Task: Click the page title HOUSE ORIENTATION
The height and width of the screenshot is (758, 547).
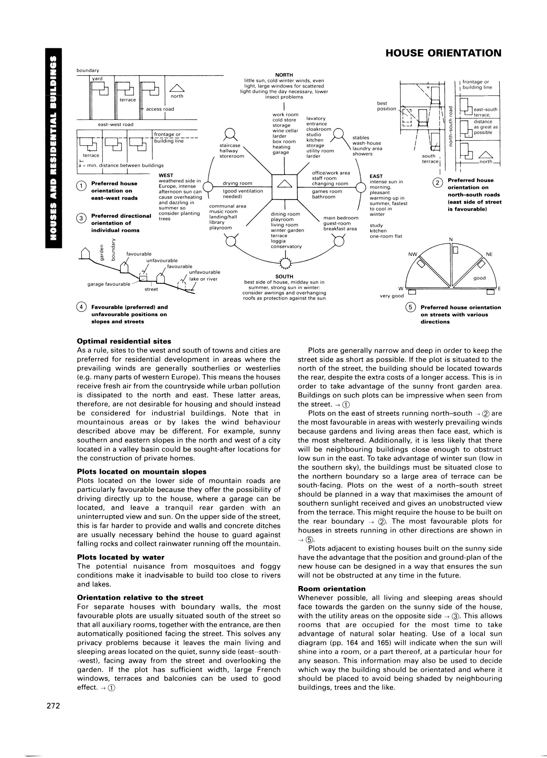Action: click(443, 53)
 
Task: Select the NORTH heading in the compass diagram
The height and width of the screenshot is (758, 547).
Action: click(284, 75)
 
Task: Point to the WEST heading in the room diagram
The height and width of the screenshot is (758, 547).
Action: click(166, 175)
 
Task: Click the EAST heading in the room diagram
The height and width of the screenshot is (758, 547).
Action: click(376, 176)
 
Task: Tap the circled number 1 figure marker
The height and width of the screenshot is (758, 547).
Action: click(81, 185)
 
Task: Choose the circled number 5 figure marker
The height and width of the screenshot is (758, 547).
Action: click(410, 307)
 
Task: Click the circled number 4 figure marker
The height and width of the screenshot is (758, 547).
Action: click(81, 307)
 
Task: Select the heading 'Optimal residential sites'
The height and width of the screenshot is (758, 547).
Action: click(124, 341)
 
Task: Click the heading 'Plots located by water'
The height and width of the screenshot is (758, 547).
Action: click(121, 557)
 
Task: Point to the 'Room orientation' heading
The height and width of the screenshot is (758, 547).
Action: click(331, 589)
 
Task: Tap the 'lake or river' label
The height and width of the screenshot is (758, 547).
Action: click(203, 279)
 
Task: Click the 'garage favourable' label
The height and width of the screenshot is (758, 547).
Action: click(109, 284)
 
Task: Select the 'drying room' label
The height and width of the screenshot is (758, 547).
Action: click(237, 183)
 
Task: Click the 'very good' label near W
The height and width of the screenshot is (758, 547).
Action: click(392, 296)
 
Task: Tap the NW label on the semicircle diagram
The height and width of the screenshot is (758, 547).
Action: click(413, 254)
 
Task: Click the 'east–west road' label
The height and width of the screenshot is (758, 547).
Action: click(116, 124)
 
